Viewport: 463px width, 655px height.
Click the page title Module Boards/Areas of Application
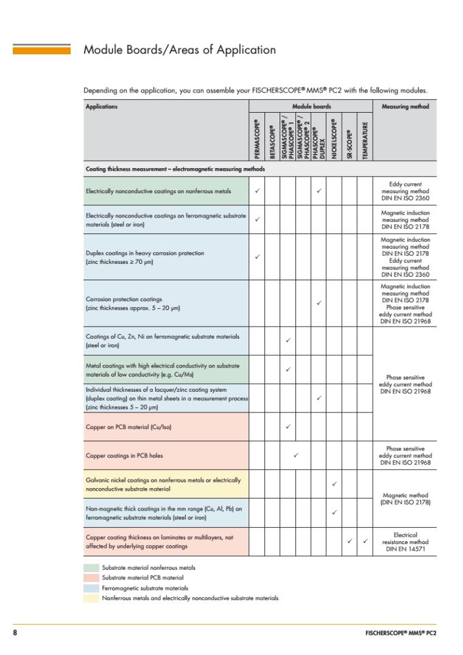179,50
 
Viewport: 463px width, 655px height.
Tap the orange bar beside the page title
41,49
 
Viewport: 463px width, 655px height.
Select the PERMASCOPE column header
257,139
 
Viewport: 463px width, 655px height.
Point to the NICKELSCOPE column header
334,139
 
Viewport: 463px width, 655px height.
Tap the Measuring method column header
405,107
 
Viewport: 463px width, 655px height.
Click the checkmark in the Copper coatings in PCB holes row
295,455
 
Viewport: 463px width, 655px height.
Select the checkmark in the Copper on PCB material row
288,427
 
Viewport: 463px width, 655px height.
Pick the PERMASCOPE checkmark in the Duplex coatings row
257,257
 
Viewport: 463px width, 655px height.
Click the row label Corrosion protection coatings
124,299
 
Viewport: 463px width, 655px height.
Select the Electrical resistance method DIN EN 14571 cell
405,542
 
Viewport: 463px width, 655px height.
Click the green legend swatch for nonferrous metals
91,567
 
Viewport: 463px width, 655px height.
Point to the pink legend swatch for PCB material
91,578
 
